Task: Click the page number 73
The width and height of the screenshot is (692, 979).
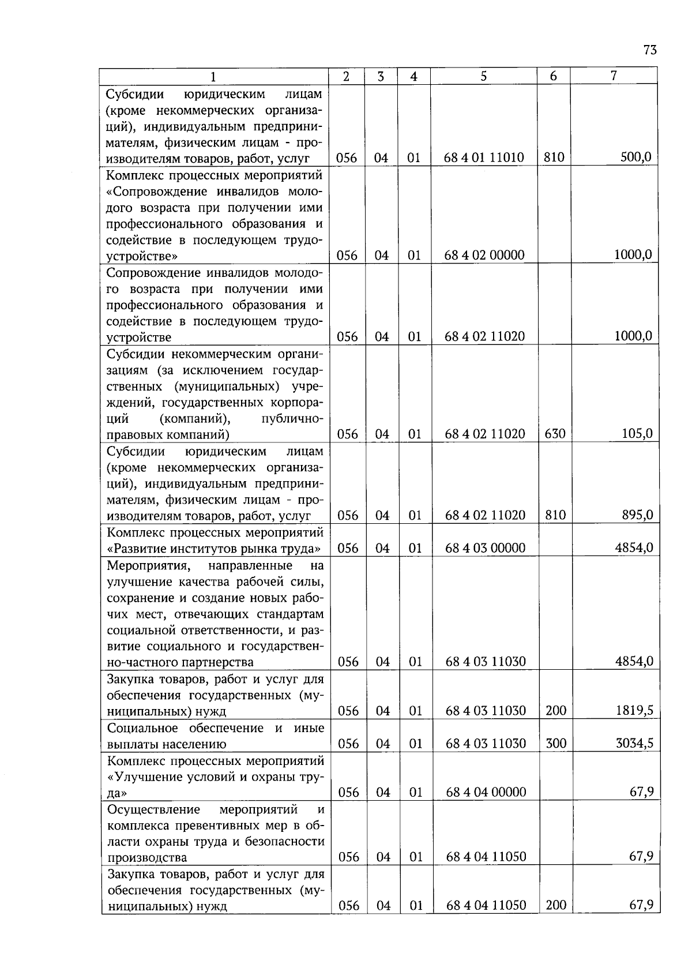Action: pos(649,50)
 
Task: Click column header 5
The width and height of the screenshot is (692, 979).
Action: pos(483,76)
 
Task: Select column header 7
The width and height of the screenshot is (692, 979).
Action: pos(614,76)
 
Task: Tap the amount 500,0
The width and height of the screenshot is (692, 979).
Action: pos(636,157)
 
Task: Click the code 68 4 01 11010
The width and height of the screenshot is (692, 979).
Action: pos(484,157)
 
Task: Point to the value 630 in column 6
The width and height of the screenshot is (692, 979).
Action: pos(555,434)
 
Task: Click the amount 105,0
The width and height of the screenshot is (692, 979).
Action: pos(637,434)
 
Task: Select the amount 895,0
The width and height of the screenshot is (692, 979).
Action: pos(637,515)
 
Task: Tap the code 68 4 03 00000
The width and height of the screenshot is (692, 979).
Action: pos(485,548)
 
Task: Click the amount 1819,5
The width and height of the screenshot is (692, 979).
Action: pos(634,711)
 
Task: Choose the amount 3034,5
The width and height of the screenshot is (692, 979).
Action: pos(634,744)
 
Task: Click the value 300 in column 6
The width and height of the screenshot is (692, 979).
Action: pos(556,744)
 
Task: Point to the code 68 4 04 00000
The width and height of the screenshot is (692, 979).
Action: pos(486,793)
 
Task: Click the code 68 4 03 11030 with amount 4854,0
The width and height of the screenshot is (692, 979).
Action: pos(486,662)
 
